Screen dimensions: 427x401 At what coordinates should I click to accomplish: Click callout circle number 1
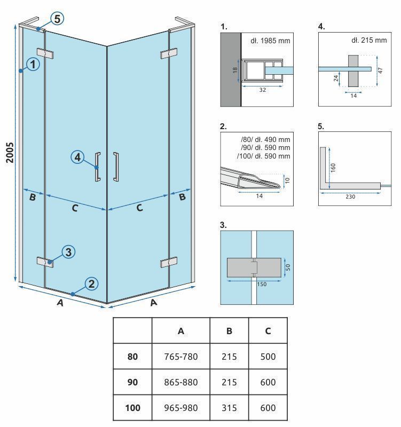pyautogui.click(x=33, y=65)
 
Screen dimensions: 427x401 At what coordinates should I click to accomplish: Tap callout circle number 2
pyautogui.click(x=91, y=283)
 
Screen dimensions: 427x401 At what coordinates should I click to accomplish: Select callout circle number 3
pyautogui.click(x=68, y=252)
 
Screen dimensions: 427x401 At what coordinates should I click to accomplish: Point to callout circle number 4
pyautogui.click(x=78, y=157)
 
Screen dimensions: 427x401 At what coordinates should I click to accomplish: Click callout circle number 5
pyautogui.click(x=57, y=19)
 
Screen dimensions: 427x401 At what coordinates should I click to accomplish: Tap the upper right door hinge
pyautogui.click(x=168, y=54)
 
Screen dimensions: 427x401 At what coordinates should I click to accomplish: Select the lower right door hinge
pyautogui.click(x=168, y=263)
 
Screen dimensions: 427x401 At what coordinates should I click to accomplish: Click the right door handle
pyautogui.click(x=116, y=167)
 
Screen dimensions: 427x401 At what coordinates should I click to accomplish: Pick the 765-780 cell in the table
pyautogui.click(x=181, y=357)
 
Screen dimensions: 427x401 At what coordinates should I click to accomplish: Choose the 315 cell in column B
pyautogui.click(x=229, y=408)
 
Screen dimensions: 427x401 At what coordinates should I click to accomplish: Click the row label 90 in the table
pyautogui.click(x=132, y=382)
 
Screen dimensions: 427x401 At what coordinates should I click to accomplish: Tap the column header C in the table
pyautogui.click(x=268, y=331)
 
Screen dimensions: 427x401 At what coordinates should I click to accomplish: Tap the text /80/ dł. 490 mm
pyautogui.click(x=265, y=140)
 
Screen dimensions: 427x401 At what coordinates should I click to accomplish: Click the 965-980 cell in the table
pyautogui.click(x=181, y=408)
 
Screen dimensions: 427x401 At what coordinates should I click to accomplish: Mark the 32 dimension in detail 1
pyautogui.click(x=262, y=90)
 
